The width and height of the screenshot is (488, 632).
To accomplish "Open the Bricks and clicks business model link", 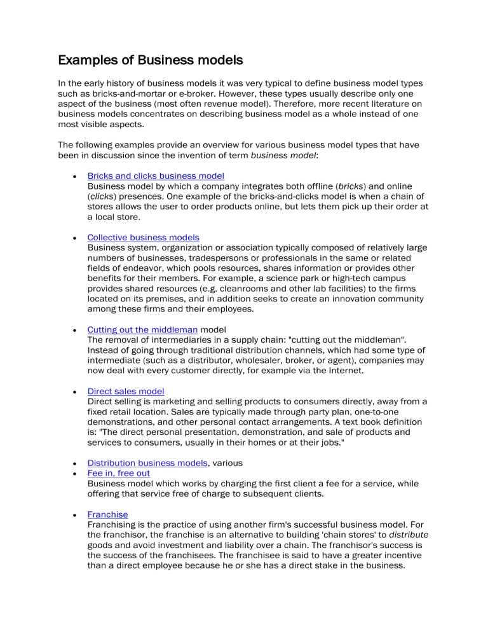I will coord(156,175).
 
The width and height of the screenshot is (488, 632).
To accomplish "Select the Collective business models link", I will coord(143,237).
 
